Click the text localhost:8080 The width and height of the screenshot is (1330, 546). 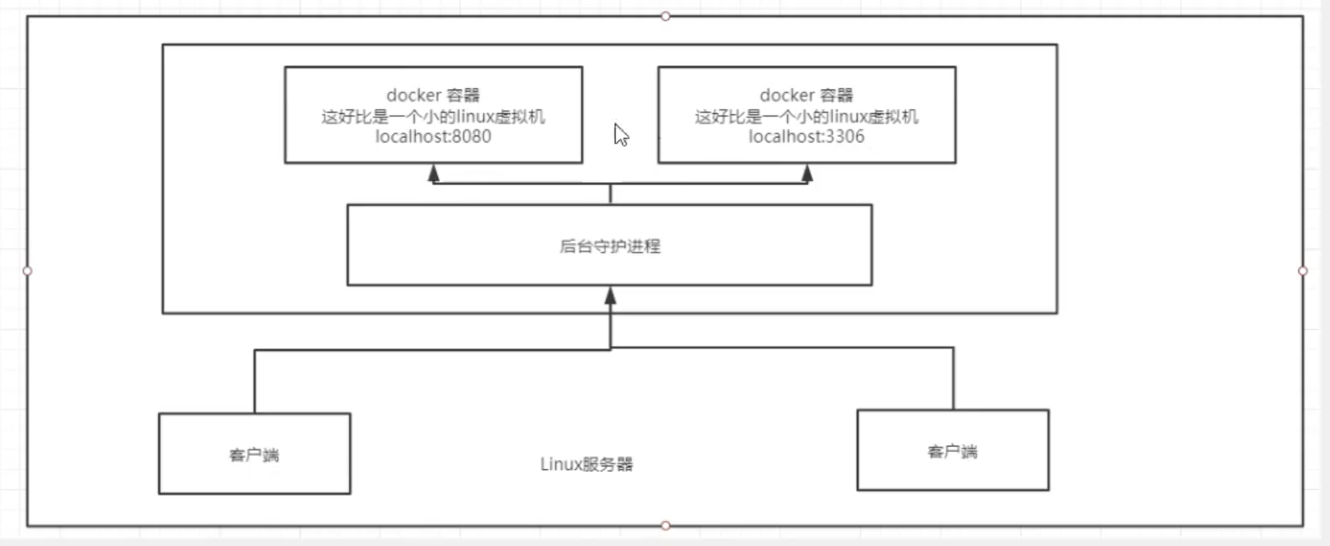(x=433, y=136)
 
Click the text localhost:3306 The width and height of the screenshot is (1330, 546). (x=806, y=136)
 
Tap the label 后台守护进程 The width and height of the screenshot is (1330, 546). (x=610, y=246)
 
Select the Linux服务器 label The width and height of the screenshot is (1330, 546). (x=586, y=464)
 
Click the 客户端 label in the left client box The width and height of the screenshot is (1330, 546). (x=254, y=455)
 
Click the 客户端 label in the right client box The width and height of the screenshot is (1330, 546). (x=952, y=452)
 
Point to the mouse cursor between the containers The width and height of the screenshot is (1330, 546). (x=621, y=134)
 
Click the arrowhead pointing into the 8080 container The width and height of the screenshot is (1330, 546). (x=433, y=173)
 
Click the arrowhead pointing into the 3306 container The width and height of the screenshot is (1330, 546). (x=807, y=173)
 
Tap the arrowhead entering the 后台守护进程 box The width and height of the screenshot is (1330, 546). (x=610, y=295)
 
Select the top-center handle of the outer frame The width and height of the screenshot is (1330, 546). (x=666, y=16)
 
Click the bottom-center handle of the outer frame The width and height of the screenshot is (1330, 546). (x=666, y=525)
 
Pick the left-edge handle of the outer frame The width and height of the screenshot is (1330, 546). (x=27, y=271)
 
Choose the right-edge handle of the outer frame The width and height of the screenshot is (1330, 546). (x=1303, y=271)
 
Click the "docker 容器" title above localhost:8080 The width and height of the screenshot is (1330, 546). (x=433, y=95)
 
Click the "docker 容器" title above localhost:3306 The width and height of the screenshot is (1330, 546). (x=806, y=95)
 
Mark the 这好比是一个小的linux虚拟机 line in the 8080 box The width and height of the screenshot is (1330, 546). (x=433, y=117)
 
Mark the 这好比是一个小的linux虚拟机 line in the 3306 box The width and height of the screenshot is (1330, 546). (x=806, y=117)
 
